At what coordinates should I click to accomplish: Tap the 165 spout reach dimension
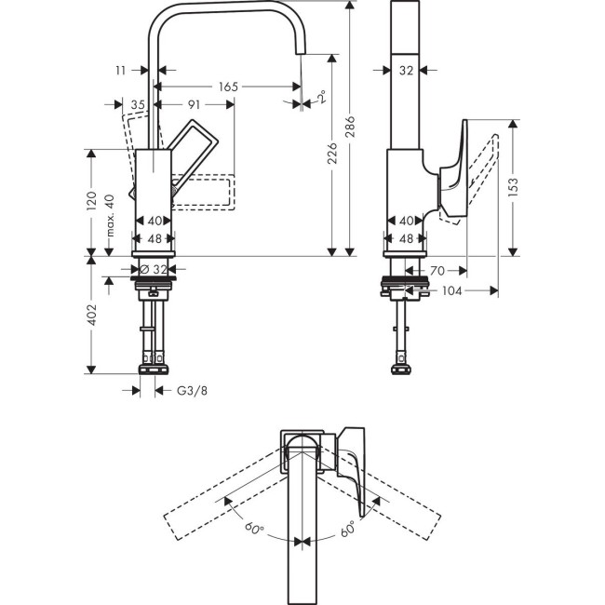coord(228,87)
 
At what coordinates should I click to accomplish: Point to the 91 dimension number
coord(194,104)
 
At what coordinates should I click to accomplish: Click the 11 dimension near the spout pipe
coord(120,70)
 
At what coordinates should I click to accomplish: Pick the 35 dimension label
coord(138,104)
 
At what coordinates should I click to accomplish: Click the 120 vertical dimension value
coord(91,201)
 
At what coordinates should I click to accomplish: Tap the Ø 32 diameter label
coord(154,268)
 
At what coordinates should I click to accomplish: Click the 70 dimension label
coord(437,270)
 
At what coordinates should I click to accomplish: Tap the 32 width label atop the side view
coord(405,70)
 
